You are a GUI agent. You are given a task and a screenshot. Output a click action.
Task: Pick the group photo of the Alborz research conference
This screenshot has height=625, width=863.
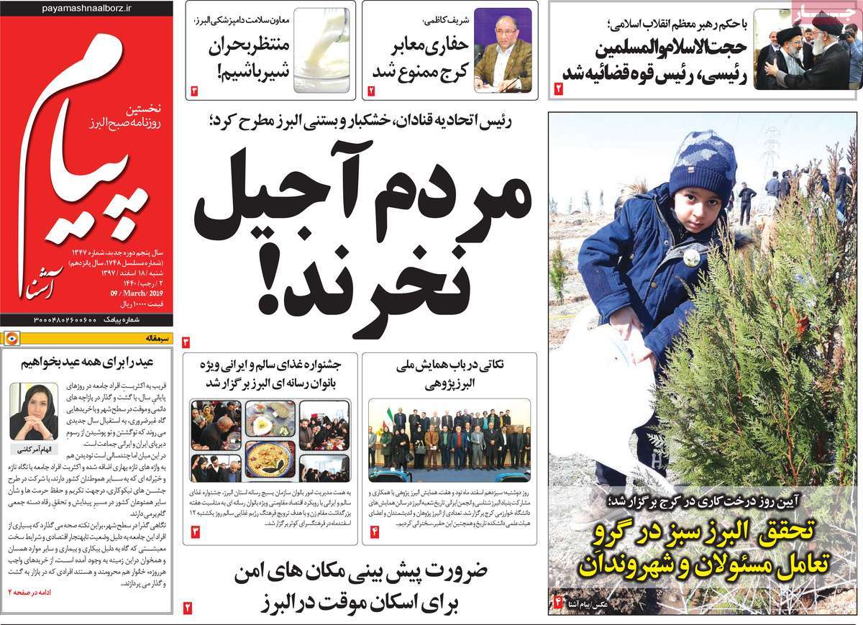tap(449, 440)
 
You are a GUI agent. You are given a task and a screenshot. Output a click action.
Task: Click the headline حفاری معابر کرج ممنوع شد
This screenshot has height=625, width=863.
tap(421, 60)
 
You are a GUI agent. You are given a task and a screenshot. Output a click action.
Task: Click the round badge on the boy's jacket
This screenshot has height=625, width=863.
tap(691, 257)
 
